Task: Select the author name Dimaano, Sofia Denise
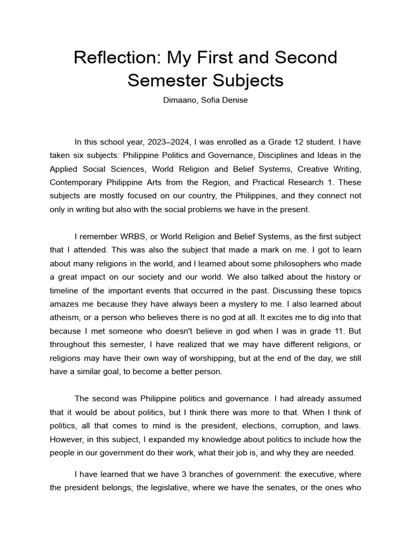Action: click(205, 100)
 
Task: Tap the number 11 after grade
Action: click(334, 331)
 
